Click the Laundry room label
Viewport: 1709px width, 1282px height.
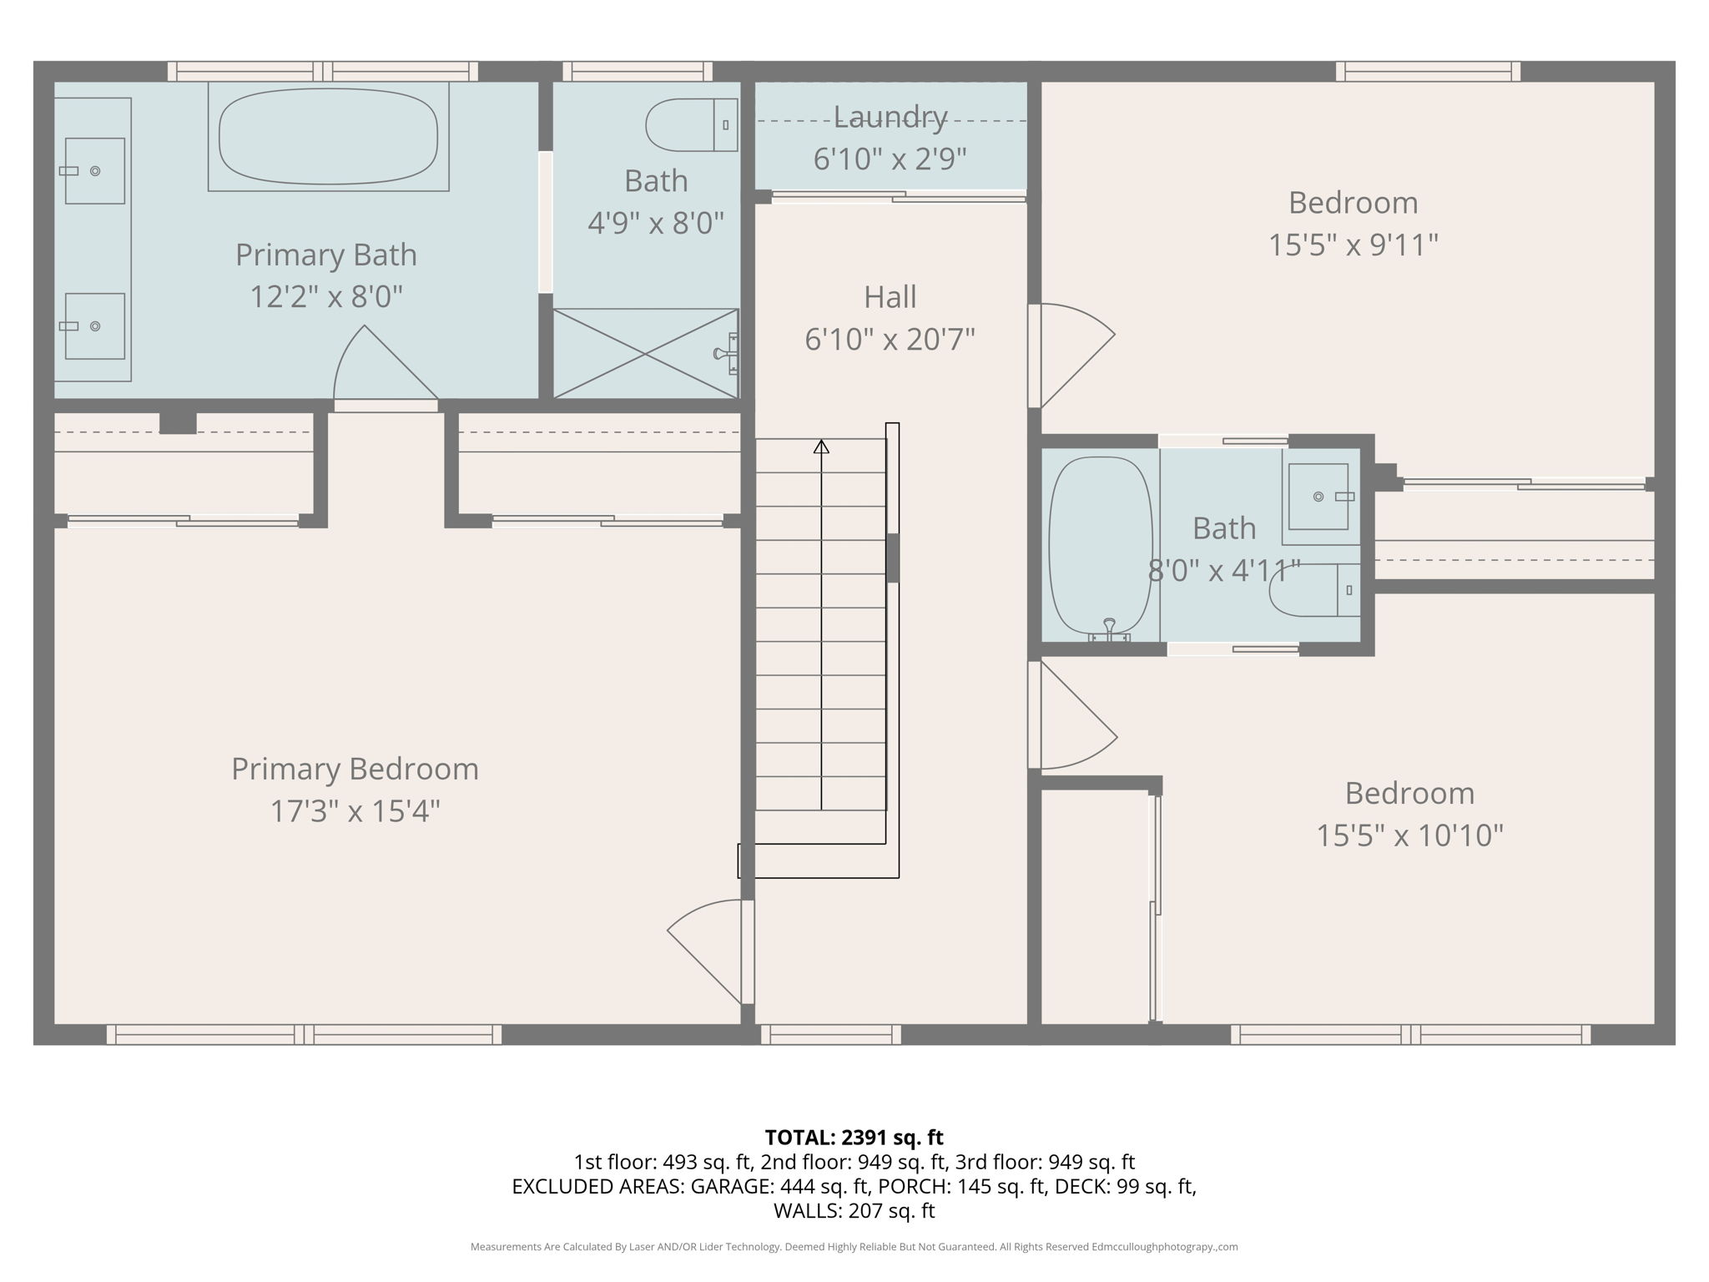[x=890, y=118]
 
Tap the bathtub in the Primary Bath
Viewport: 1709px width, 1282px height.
[x=328, y=136]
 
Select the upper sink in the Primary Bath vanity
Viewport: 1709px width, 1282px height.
[x=95, y=171]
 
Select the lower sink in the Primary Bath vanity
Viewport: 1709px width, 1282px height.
[x=95, y=326]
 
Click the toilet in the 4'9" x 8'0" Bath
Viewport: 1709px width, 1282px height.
[x=691, y=125]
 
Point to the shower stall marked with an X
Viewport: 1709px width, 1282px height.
[x=646, y=354]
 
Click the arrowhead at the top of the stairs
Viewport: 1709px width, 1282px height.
[x=821, y=447]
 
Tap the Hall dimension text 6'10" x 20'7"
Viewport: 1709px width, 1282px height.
[x=890, y=340]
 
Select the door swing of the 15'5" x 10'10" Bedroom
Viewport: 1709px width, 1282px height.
[x=1075, y=718]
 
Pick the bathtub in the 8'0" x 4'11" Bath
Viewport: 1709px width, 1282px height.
[x=1100, y=547]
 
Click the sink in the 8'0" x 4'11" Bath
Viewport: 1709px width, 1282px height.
[x=1318, y=497]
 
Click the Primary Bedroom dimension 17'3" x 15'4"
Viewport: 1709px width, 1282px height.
[x=355, y=811]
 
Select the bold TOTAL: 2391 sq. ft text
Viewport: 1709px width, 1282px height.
[x=854, y=1138]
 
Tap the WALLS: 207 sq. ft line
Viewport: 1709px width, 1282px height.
[x=854, y=1210]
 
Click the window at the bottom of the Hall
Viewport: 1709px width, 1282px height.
[x=831, y=1035]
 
